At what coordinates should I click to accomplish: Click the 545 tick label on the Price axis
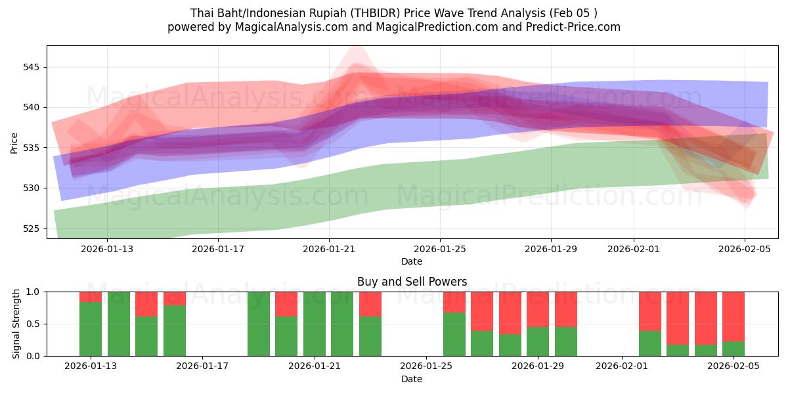click(x=31, y=67)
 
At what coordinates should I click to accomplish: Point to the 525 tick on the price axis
click(x=31, y=229)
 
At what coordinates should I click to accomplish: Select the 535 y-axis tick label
click(x=31, y=148)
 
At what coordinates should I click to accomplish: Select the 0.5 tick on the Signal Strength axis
click(x=32, y=324)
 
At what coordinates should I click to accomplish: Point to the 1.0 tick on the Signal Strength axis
click(x=32, y=292)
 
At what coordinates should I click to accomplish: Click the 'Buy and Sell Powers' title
click(x=412, y=282)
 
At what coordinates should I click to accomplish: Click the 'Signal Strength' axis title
click(x=16, y=324)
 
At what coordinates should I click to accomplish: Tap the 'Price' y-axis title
click(x=14, y=142)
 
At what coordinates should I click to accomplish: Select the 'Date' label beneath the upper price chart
click(x=412, y=261)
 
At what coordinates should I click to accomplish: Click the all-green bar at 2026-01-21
click(x=315, y=324)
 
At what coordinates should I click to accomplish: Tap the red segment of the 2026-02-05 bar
click(x=733, y=316)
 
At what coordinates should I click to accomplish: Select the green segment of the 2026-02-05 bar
click(x=733, y=349)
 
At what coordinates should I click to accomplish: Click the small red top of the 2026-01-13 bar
click(x=91, y=296)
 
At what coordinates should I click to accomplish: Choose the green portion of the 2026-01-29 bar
click(x=538, y=341)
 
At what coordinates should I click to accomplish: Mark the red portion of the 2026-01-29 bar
click(x=538, y=309)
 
